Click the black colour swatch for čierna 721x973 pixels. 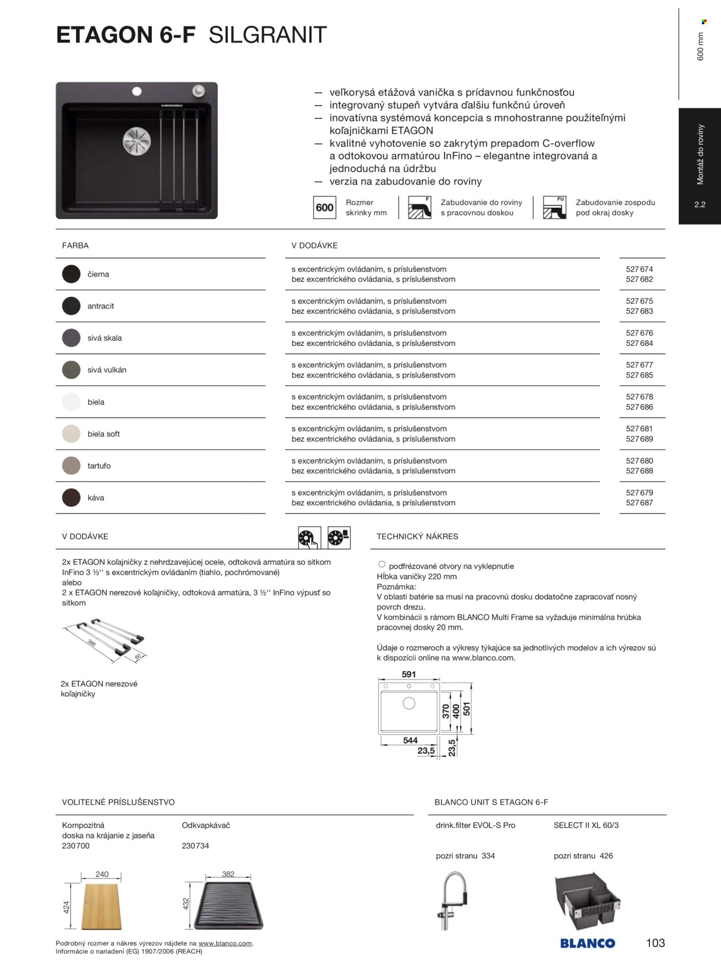[71, 274]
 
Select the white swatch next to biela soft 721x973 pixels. [71, 433]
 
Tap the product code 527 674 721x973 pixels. [639, 269]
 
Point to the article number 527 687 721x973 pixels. [639, 503]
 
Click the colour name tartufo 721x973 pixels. [99, 466]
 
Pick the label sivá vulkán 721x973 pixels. [107, 370]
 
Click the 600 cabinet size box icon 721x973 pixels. [325, 208]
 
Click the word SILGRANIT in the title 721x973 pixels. [268, 35]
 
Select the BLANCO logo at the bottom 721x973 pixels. [587, 943]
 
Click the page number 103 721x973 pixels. [655, 943]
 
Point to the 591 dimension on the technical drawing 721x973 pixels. [408, 674]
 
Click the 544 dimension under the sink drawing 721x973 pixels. [410, 740]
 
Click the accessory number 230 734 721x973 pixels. [195, 846]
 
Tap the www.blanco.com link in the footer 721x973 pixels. [225, 944]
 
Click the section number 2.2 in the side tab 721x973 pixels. [700, 205]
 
